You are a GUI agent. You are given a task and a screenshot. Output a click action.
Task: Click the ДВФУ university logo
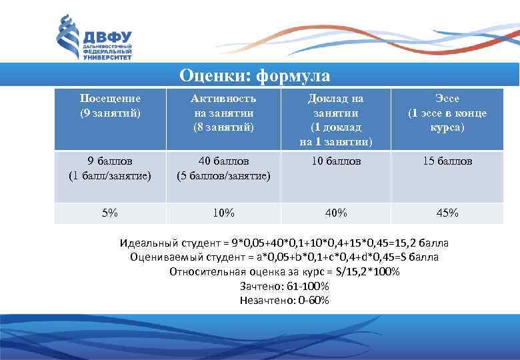tap(93, 38)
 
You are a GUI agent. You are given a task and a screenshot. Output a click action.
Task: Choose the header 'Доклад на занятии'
tap(335, 119)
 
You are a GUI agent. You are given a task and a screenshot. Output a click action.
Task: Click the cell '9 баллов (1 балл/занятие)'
tap(110, 168)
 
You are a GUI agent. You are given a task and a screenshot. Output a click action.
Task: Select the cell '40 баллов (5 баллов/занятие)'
tap(223, 168)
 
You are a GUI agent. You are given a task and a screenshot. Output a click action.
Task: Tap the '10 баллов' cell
tap(335, 161)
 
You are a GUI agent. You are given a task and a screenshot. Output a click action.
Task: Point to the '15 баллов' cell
tap(447, 161)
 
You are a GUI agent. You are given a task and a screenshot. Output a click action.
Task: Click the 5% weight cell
tap(110, 213)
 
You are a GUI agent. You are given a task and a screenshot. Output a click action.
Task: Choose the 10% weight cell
tap(223, 213)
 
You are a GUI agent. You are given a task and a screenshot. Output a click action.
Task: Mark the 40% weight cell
tap(335, 213)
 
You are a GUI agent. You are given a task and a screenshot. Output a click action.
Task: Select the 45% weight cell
tap(447, 213)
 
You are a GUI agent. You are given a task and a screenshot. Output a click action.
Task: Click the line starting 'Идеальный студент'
tap(284, 242)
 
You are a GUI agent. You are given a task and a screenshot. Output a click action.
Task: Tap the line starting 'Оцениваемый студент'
tap(284, 257)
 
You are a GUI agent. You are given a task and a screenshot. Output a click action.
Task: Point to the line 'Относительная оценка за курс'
tap(284, 271)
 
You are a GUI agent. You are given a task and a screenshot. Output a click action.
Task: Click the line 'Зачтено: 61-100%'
tap(284, 286)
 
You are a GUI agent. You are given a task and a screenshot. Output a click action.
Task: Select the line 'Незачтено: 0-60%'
tap(284, 300)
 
